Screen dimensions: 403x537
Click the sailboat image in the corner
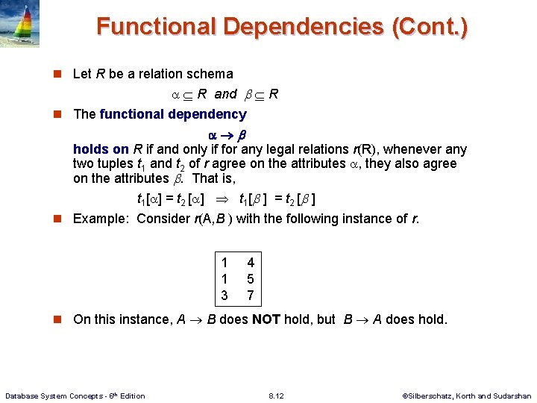tap(20, 24)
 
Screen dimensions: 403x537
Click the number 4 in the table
tap(251, 263)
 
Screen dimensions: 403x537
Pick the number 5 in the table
tap(251, 279)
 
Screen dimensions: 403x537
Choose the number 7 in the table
tap(251, 296)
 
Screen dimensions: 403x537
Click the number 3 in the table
tap(224, 296)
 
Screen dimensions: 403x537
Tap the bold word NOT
tap(266, 319)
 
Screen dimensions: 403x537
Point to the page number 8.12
tap(275, 396)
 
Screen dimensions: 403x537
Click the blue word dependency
tap(210, 114)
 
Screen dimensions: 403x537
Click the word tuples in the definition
tap(116, 163)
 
